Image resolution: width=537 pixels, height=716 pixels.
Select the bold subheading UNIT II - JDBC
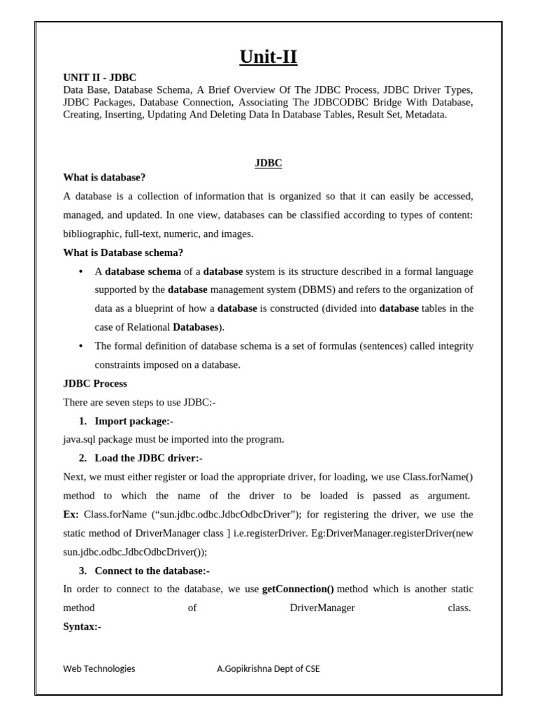(99, 78)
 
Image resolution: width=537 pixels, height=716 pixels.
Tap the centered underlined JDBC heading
(268, 163)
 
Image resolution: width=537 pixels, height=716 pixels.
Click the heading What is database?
(104, 177)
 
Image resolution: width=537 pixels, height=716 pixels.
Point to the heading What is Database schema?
(123, 252)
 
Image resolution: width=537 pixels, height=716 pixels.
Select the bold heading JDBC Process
(95, 383)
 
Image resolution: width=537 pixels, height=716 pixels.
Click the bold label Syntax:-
(82, 626)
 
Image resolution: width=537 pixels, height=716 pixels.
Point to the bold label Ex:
(71, 515)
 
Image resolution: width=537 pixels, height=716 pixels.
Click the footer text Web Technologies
(99, 668)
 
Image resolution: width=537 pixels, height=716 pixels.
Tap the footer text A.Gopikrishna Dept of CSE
(268, 668)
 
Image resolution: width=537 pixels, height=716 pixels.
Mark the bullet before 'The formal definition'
(81, 345)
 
